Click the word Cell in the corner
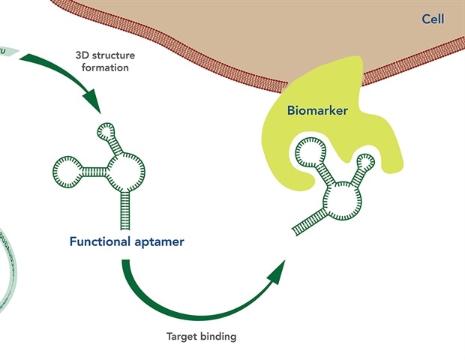[x=433, y=19]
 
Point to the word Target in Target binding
[x=182, y=337]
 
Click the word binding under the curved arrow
[x=219, y=337]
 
